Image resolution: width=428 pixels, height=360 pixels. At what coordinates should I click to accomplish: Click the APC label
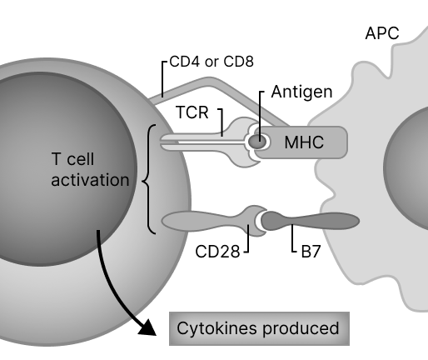coord(382,34)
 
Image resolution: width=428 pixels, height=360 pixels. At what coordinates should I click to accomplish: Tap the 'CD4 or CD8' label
coord(212,61)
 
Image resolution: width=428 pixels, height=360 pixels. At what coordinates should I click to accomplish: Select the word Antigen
coord(302,92)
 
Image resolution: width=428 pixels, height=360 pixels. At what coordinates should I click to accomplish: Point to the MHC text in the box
coord(304,142)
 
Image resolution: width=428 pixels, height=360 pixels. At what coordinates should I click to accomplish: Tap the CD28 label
coord(217,251)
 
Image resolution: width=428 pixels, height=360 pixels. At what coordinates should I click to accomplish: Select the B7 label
coord(311,251)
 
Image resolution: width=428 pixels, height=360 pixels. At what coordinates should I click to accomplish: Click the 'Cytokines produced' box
coord(259,328)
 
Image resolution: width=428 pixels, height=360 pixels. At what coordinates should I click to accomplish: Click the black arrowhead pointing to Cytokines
coord(147,326)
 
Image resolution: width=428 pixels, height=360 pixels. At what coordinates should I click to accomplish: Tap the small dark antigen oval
coord(258,142)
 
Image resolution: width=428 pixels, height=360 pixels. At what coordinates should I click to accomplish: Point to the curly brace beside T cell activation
coord(148,179)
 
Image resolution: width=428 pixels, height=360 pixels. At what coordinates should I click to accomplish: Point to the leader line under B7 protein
coord(291,239)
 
